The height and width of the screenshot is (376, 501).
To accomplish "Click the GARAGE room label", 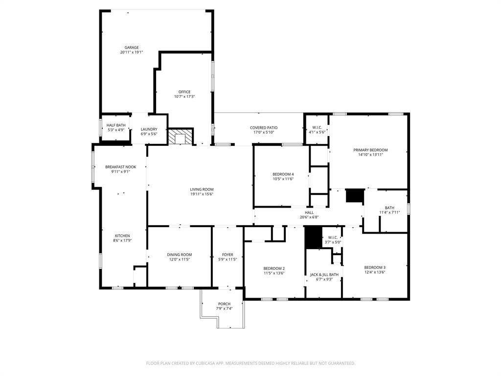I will point(132,47).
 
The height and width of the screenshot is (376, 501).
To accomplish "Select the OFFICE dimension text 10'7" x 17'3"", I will point(184,96).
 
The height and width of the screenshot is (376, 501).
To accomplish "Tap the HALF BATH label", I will point(116,125).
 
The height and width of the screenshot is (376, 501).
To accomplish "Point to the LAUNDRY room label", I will point(149,129).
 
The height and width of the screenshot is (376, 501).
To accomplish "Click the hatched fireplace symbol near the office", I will point(181,137).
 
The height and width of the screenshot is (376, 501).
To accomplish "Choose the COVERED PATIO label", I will point(264,128).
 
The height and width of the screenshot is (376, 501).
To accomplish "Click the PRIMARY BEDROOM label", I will point(370,150).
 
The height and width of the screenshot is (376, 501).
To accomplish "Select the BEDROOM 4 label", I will point(283,174).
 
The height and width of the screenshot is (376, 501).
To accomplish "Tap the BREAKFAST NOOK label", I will point(120,167).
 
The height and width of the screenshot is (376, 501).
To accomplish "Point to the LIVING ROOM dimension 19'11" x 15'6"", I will point(202,194).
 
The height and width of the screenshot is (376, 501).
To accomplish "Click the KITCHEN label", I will point(122,235).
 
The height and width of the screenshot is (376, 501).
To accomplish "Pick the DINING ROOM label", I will point(180,255).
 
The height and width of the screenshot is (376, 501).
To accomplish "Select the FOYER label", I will point(228,255).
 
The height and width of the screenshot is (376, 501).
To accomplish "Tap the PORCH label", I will point(224,304).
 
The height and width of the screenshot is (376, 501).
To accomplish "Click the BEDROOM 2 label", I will point(274,268).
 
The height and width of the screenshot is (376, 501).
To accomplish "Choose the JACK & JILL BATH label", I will point(324,275).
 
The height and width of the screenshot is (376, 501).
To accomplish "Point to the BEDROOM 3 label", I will point(375,267).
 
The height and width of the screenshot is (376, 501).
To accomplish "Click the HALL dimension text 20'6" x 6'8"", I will point(309,217).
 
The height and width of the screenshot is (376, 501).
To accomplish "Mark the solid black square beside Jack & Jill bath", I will point(313,237).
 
